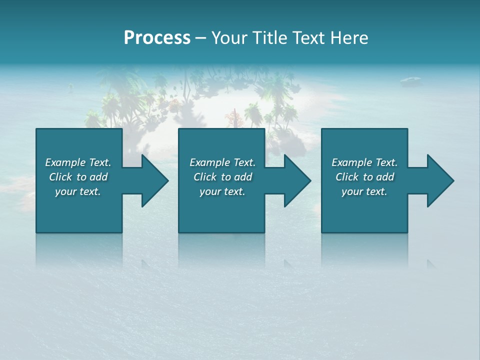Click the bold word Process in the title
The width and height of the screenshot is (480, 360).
(157, 38)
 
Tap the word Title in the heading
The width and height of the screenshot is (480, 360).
(269, 38)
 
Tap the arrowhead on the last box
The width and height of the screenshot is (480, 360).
(440, 180)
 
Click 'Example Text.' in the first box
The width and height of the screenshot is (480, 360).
(78, 162)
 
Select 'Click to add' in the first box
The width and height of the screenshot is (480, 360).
(78, 177)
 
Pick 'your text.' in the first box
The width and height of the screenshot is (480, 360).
(78, 191)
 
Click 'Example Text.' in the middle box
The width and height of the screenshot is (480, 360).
(222, 162)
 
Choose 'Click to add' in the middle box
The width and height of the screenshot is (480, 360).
(222, 177)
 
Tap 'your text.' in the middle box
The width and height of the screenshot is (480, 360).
(222, 191)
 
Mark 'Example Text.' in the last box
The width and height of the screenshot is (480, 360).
(364, 162)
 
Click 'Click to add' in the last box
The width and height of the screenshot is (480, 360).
(364, 177)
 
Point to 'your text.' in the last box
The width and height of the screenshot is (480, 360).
(364, 191)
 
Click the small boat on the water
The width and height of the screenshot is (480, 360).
(410, 79)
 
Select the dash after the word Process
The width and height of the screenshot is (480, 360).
(200, 38)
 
